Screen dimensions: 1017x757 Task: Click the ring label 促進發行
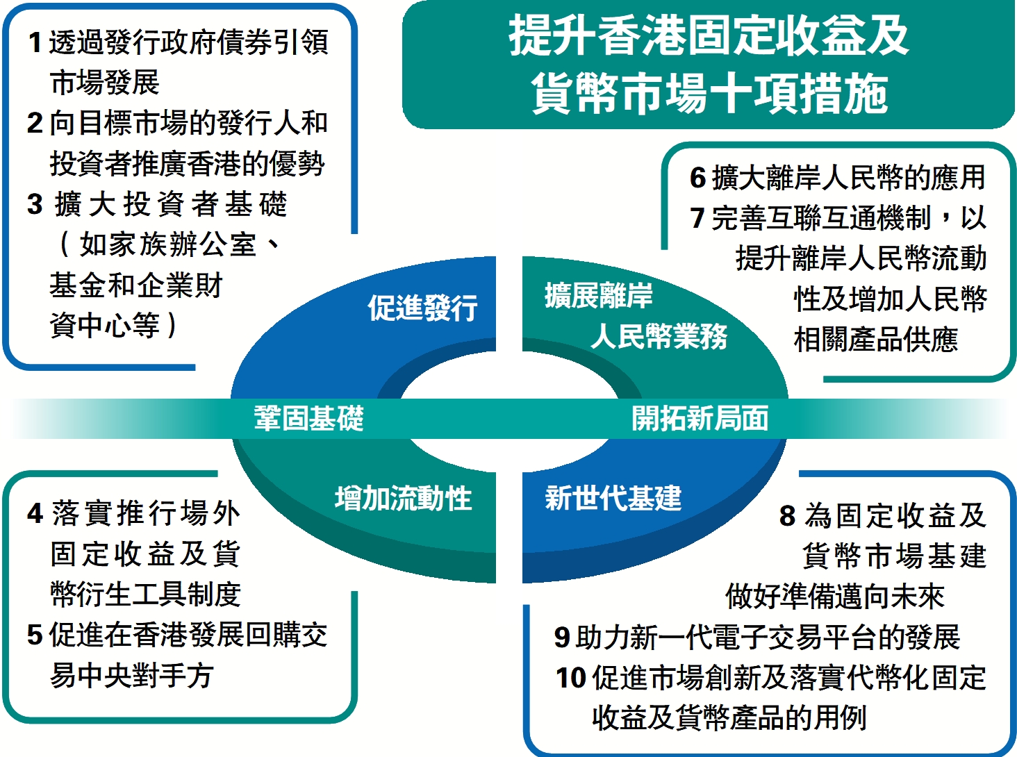click(423, 307)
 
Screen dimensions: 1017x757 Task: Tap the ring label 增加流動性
click(404, 499)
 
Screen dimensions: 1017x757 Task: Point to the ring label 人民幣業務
click(659, 336)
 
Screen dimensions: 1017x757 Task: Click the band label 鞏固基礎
click(309, 417)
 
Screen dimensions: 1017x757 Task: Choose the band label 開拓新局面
click(700, 417)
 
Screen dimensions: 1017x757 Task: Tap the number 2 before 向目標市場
click(35, 124)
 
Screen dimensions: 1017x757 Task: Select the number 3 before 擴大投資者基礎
click(35, 204)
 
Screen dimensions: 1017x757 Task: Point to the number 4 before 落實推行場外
click(35, 513)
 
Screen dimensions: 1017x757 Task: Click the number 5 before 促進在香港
click(35, 635)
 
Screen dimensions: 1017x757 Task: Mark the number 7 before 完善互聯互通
click(697, 217)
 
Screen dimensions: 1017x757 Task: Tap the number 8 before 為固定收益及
click(787, 515)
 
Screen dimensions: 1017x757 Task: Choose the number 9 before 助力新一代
click(562, 637)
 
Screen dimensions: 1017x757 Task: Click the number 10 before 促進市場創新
click(571, 677)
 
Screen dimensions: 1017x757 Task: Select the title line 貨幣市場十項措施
click(709, 93)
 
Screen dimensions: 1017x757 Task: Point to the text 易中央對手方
click(132, 675)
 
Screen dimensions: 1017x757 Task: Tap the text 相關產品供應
click(876, 340)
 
